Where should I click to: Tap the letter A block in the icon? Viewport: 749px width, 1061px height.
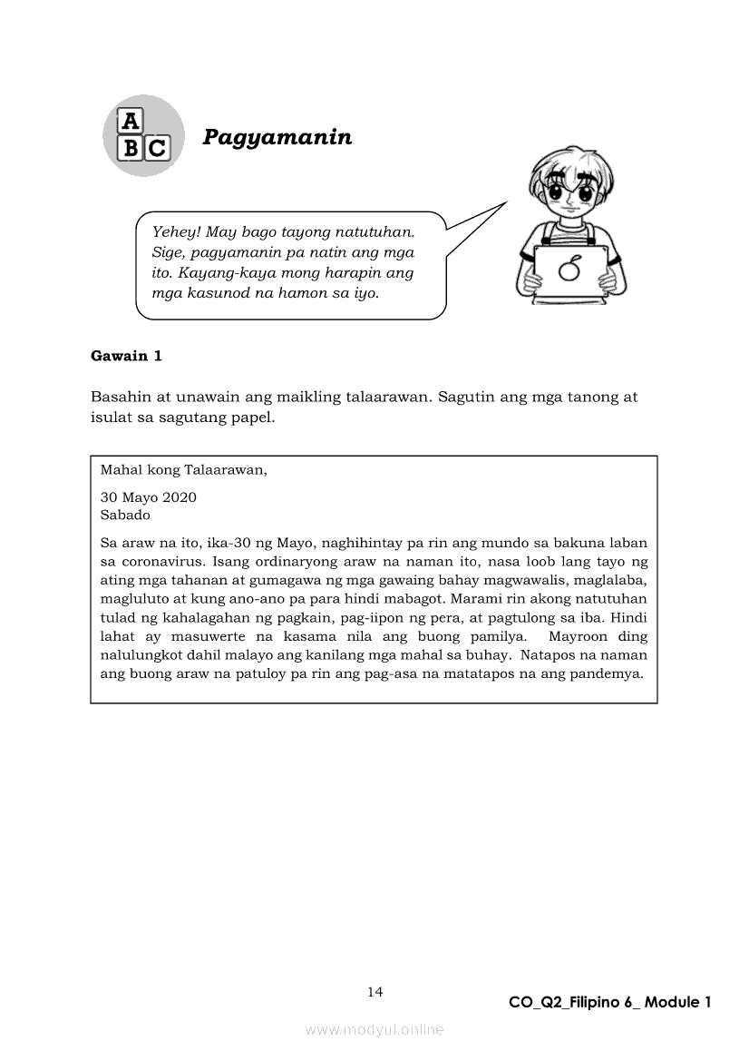131,122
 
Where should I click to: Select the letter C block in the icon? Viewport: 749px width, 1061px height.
156,147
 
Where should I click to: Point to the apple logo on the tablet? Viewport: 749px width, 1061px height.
569,270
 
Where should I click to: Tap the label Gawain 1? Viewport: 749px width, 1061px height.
126,356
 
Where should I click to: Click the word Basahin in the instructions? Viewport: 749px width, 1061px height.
120,398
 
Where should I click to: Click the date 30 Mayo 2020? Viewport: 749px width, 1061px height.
148,497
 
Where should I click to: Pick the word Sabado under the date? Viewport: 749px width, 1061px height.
125,514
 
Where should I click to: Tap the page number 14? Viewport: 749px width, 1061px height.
375,991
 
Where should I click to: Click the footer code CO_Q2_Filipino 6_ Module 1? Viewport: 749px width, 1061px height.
609,1002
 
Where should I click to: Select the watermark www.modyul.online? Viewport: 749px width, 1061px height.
374,1029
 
